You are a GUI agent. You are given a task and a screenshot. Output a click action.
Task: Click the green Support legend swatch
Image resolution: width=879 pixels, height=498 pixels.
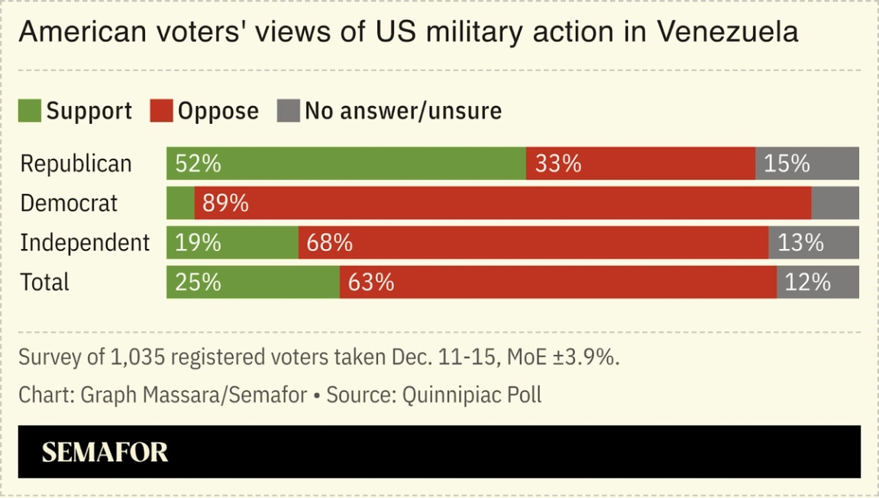29,112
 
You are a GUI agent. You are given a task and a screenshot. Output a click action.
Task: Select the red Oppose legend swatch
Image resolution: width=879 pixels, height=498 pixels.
161,112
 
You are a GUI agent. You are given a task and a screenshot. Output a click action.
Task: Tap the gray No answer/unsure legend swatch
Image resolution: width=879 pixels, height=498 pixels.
288,112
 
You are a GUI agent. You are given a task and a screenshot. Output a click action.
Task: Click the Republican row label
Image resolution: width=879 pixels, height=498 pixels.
76,164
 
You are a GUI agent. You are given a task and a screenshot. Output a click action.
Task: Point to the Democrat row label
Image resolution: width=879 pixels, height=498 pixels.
69,203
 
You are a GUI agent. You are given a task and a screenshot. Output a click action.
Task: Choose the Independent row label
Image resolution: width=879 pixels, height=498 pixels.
85,243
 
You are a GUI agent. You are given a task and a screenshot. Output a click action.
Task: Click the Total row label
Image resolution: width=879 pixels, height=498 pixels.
44,283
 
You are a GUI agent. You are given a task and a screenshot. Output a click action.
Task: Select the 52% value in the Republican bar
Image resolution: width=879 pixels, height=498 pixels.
198,164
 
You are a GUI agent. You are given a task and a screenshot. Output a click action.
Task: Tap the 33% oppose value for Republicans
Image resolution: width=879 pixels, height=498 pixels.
558,164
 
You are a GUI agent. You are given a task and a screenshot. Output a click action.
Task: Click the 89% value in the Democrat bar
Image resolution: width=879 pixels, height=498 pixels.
226,203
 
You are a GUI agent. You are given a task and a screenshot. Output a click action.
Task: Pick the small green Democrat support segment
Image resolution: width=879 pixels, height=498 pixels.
180,203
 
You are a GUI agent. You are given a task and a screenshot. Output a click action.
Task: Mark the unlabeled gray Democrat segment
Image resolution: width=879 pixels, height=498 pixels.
835,203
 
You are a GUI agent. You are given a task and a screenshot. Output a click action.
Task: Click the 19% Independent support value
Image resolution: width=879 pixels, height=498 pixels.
198,243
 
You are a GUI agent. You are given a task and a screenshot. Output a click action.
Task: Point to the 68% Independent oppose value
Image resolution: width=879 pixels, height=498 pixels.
330,243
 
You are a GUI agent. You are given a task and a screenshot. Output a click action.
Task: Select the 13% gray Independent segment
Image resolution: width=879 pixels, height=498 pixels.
801,243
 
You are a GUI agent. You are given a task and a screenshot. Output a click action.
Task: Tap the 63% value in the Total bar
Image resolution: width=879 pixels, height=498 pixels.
371,283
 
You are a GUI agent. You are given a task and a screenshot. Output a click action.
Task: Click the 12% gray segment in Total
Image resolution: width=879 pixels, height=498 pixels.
808,283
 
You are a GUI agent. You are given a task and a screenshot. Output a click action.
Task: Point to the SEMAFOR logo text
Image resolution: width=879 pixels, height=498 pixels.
105,452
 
